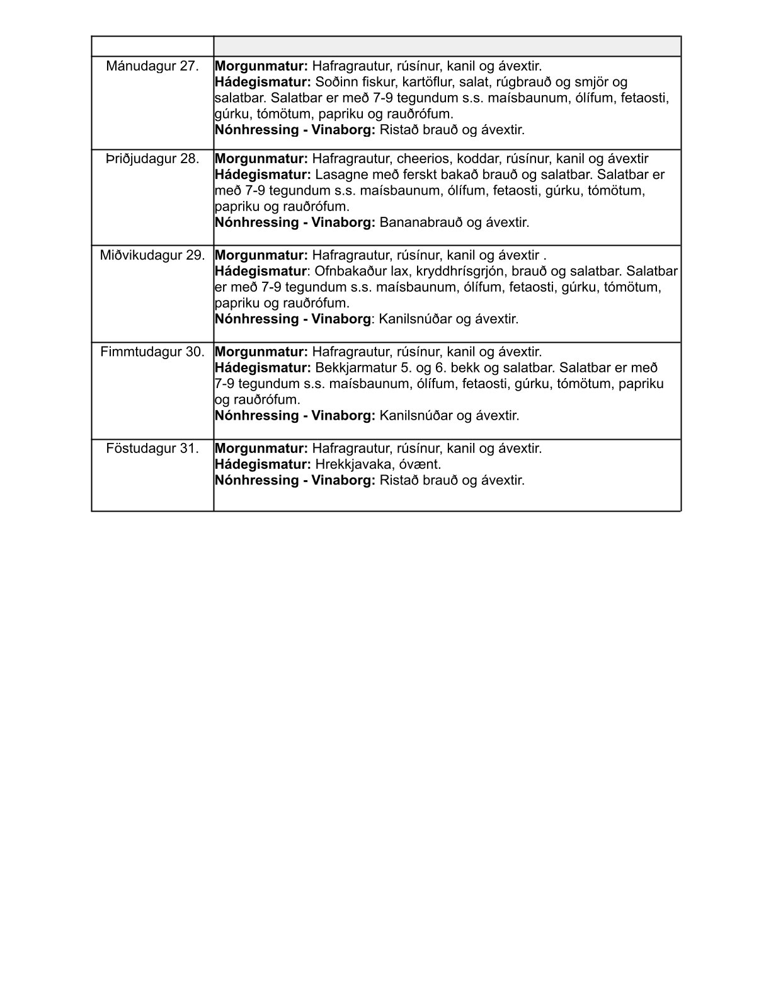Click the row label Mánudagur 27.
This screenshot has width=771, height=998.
[x=152, y=66]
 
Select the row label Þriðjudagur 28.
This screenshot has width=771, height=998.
[x=152, y=159]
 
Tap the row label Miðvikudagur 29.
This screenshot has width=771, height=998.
[x=152, y=255]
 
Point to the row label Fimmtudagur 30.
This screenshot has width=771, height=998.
[x=152, y=352]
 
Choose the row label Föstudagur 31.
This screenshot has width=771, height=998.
[x=152, y=449]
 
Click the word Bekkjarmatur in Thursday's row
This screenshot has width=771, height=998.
[x=354, y=368]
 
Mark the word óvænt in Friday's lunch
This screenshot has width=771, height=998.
[x=421, y=464]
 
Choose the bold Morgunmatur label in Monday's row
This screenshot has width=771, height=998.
[x=261, y=66]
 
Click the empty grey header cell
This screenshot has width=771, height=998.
[x=447, y=47]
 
